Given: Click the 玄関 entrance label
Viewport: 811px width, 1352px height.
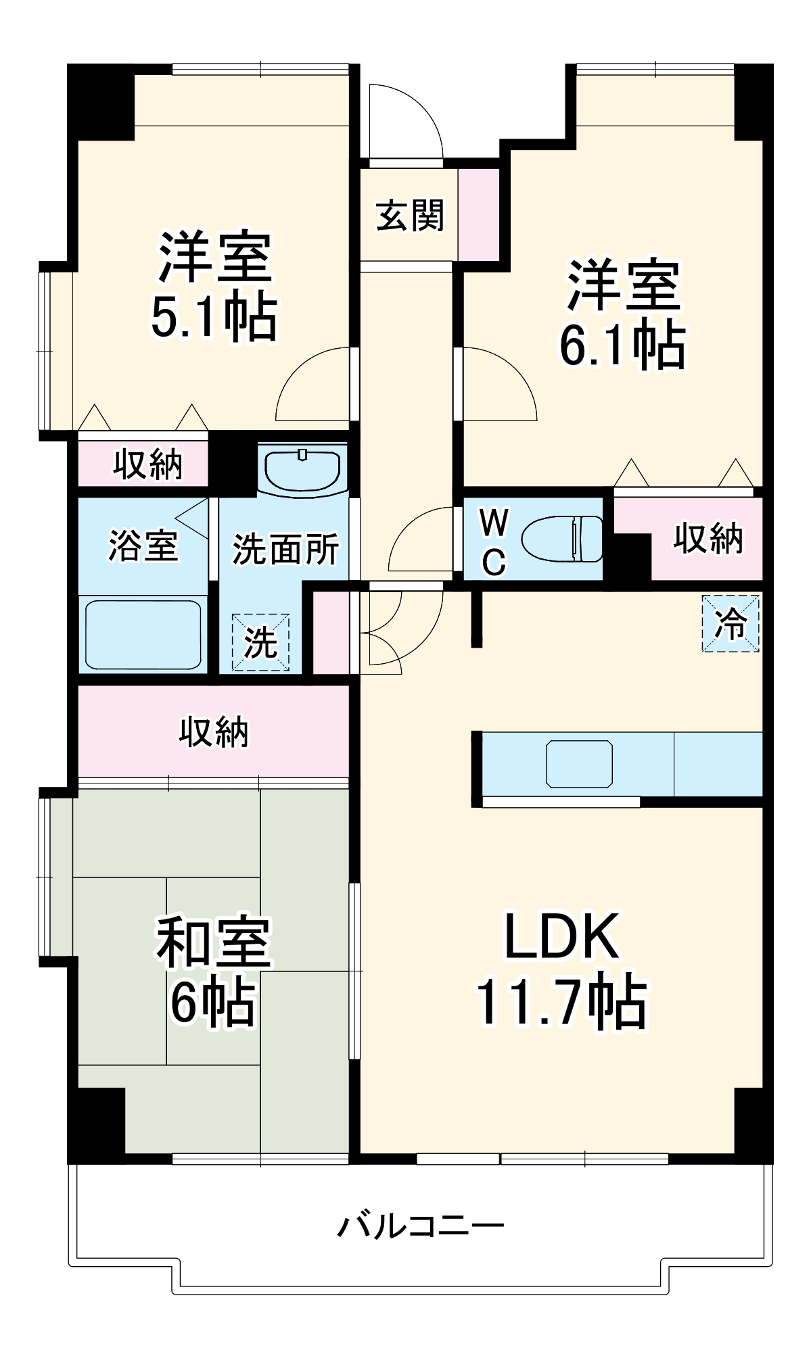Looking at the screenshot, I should pyautogui.click(x=409, y=216).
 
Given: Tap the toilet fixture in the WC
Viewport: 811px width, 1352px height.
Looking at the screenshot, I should pyautogui.click(x=562, y=539).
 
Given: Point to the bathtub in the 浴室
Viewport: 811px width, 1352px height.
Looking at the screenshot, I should pyautogui.click(x=143, y=633).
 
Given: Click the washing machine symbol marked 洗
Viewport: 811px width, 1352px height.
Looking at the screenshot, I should pyautogui.click(x=260, y=642).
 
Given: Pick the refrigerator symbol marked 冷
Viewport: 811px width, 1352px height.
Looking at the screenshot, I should pyautogui.click(x=731, y=623).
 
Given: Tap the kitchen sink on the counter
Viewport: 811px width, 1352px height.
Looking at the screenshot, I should pyautogui.click(x=579, y=764).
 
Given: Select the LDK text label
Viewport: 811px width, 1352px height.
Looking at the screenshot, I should pyautogui.click(x=561, y=937).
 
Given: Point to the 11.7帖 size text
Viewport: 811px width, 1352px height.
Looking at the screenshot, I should pyautogui.click(x=561, y=1003).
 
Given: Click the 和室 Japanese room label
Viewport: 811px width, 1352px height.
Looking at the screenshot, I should pyautogui.click(x=213, y=942).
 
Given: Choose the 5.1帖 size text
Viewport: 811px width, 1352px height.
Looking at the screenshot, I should pyautogui.click(x=213, y=316).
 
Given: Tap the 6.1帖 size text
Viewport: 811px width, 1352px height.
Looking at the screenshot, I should pyautogui.click(x=622, y=345).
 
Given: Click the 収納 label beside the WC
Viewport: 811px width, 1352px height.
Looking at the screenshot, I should pyautogui.click(x=708, y=539).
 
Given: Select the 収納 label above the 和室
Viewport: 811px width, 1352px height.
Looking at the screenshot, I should pyautogui.click(x=213, y=731).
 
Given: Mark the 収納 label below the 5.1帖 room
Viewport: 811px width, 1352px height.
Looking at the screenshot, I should pyautogui.click(x=147, y=464).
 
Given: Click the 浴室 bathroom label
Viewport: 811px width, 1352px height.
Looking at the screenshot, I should pyautogui.click(x=143, y=546).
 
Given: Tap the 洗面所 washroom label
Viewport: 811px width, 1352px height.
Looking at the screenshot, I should pyautogui.click(x=285, y=548).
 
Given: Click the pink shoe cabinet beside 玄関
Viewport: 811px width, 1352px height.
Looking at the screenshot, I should pyautogui.click(x=478, y=214).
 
